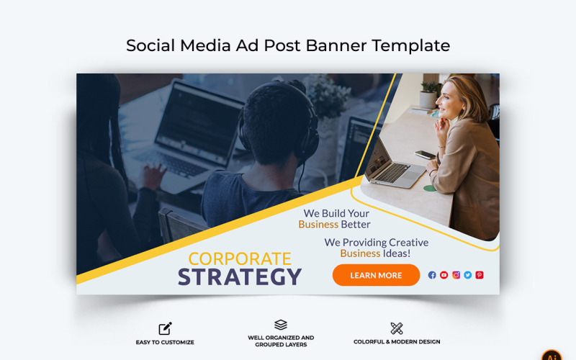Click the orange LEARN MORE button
[x=376, y=275]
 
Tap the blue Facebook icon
[x=432, y=275]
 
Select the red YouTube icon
[x=444, y=275]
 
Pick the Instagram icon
[x=456, y=275]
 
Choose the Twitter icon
[x=467, y=275]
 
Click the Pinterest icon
[x=480, y=275]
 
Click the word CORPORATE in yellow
[x=240, y=258]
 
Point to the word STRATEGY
[x=240, y=277]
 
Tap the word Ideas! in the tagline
[x=397, y=253]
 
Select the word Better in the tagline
[x=356, y=224]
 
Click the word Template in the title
[x=410, y=45]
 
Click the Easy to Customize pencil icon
[x=165, y=328]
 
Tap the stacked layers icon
[x=281, y=325]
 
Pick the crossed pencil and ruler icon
[x=397, y=328]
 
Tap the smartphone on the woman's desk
[x=426, y=154]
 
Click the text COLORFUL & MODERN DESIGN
[x=397, y=342]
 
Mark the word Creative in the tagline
[x=402, y=243]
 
